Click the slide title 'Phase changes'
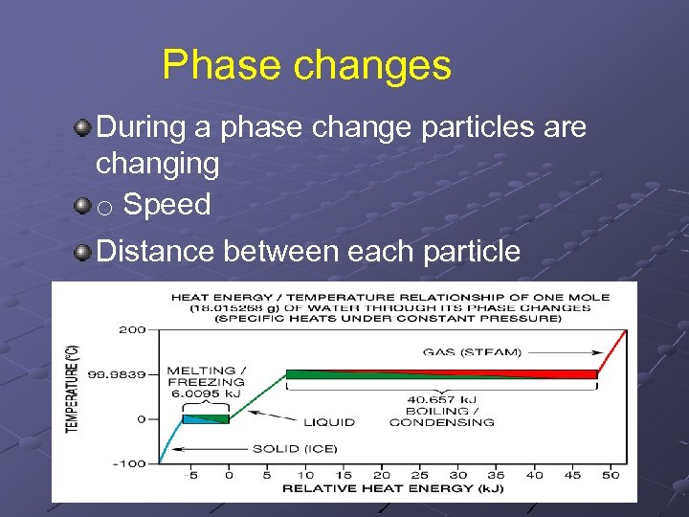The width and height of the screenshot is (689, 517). point(306,65)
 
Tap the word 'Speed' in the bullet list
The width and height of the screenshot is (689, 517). point(167,204)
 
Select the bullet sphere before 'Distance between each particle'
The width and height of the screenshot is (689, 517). point(84,252)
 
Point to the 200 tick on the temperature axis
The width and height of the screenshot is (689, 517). point(132,329)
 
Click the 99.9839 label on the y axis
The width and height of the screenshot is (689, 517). point(122,374)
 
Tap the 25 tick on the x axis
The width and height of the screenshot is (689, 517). point(420,475)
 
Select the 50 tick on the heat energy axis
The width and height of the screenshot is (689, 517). point(611,475)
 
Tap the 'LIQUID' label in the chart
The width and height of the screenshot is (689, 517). point(328,421)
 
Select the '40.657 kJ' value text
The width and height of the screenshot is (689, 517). point(441,399)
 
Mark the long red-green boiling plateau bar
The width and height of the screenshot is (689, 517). point(441,374)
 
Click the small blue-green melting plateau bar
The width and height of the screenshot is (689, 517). point(207,417)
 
